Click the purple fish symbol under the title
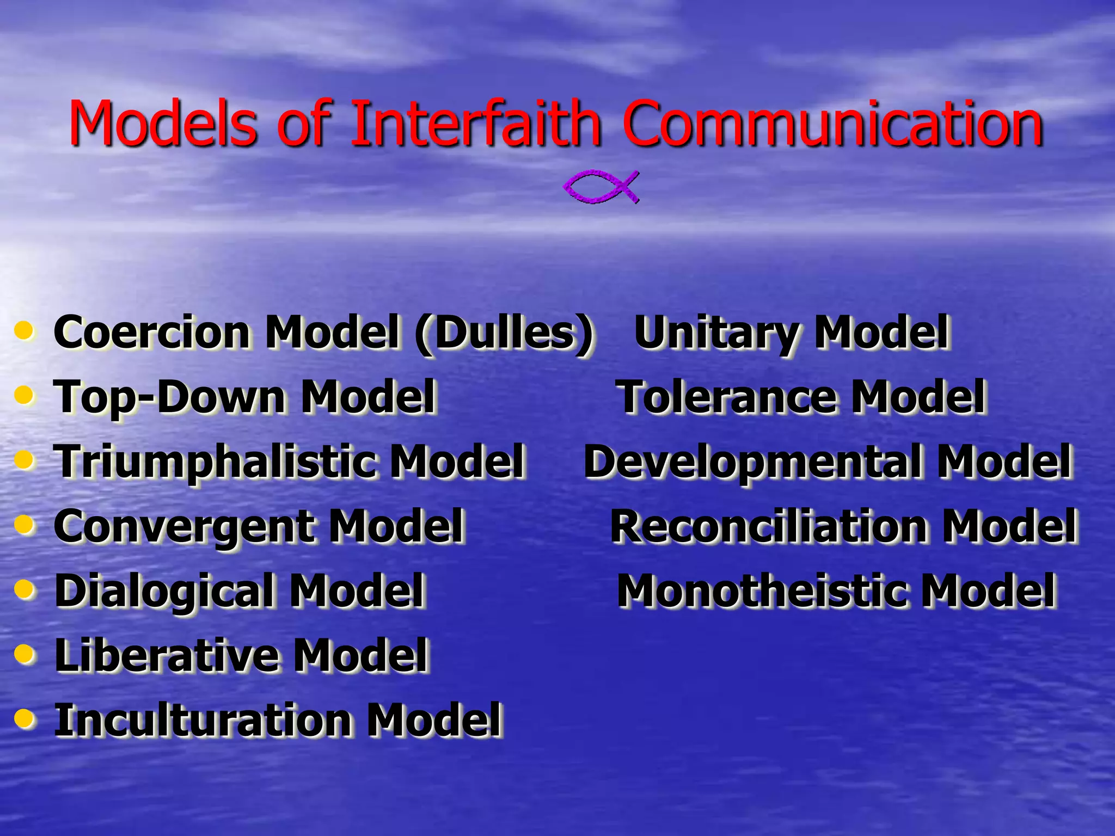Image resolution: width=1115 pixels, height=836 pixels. (601, 187)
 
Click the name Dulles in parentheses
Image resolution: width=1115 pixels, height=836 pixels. (504, 332)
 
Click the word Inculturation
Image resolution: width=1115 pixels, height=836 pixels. (204, 720)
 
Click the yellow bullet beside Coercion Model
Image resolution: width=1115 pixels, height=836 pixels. (24, 330)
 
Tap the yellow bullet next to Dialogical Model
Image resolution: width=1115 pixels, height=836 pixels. (24, 588)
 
